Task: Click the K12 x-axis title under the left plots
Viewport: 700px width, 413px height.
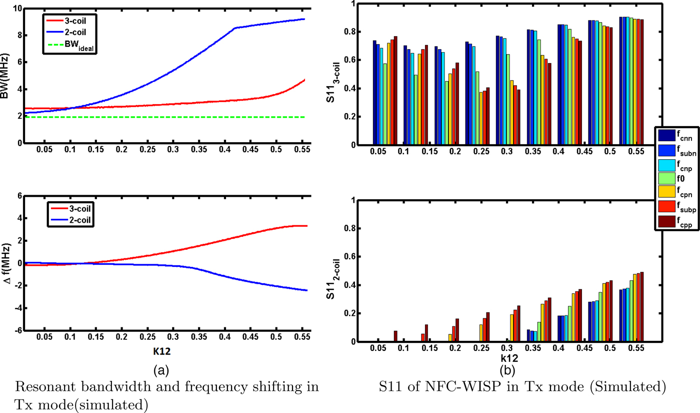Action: click(159, 350)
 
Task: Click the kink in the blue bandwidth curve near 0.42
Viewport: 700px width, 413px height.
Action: click(234, 29)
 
